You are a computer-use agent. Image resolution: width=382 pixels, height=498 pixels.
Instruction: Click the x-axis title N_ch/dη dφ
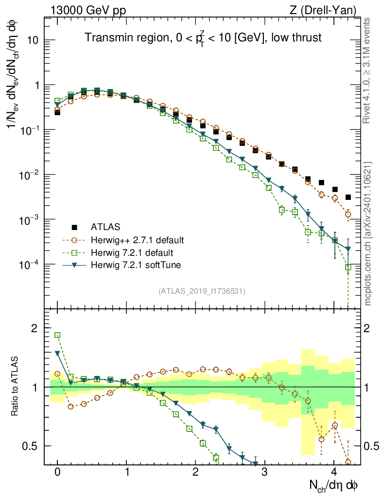point(334,485)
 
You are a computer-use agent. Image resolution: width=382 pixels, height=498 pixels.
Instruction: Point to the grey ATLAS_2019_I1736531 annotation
point(202,291)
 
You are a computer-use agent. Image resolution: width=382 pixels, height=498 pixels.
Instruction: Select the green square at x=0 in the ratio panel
point(57,335)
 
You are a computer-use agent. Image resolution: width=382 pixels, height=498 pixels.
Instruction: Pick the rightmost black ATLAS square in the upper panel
point(348,197)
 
